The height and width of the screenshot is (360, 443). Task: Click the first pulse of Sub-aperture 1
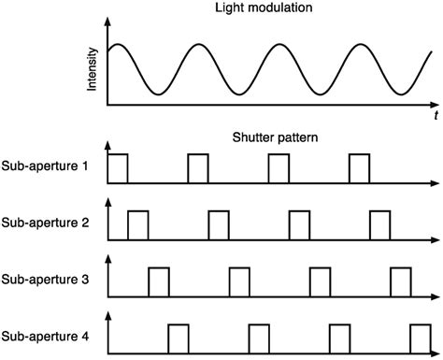[119, 168]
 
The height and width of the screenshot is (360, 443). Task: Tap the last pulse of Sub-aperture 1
[359, 168]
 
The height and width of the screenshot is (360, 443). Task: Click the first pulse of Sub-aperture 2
[138, 224]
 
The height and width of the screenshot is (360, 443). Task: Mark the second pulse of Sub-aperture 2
[219, 224]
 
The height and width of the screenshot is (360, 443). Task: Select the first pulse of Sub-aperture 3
[159, 281]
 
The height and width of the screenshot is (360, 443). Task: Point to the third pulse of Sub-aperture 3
[320, 281]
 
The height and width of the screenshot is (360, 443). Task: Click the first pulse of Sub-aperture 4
[179, 338]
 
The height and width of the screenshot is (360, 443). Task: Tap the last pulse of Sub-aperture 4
[420, 338]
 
